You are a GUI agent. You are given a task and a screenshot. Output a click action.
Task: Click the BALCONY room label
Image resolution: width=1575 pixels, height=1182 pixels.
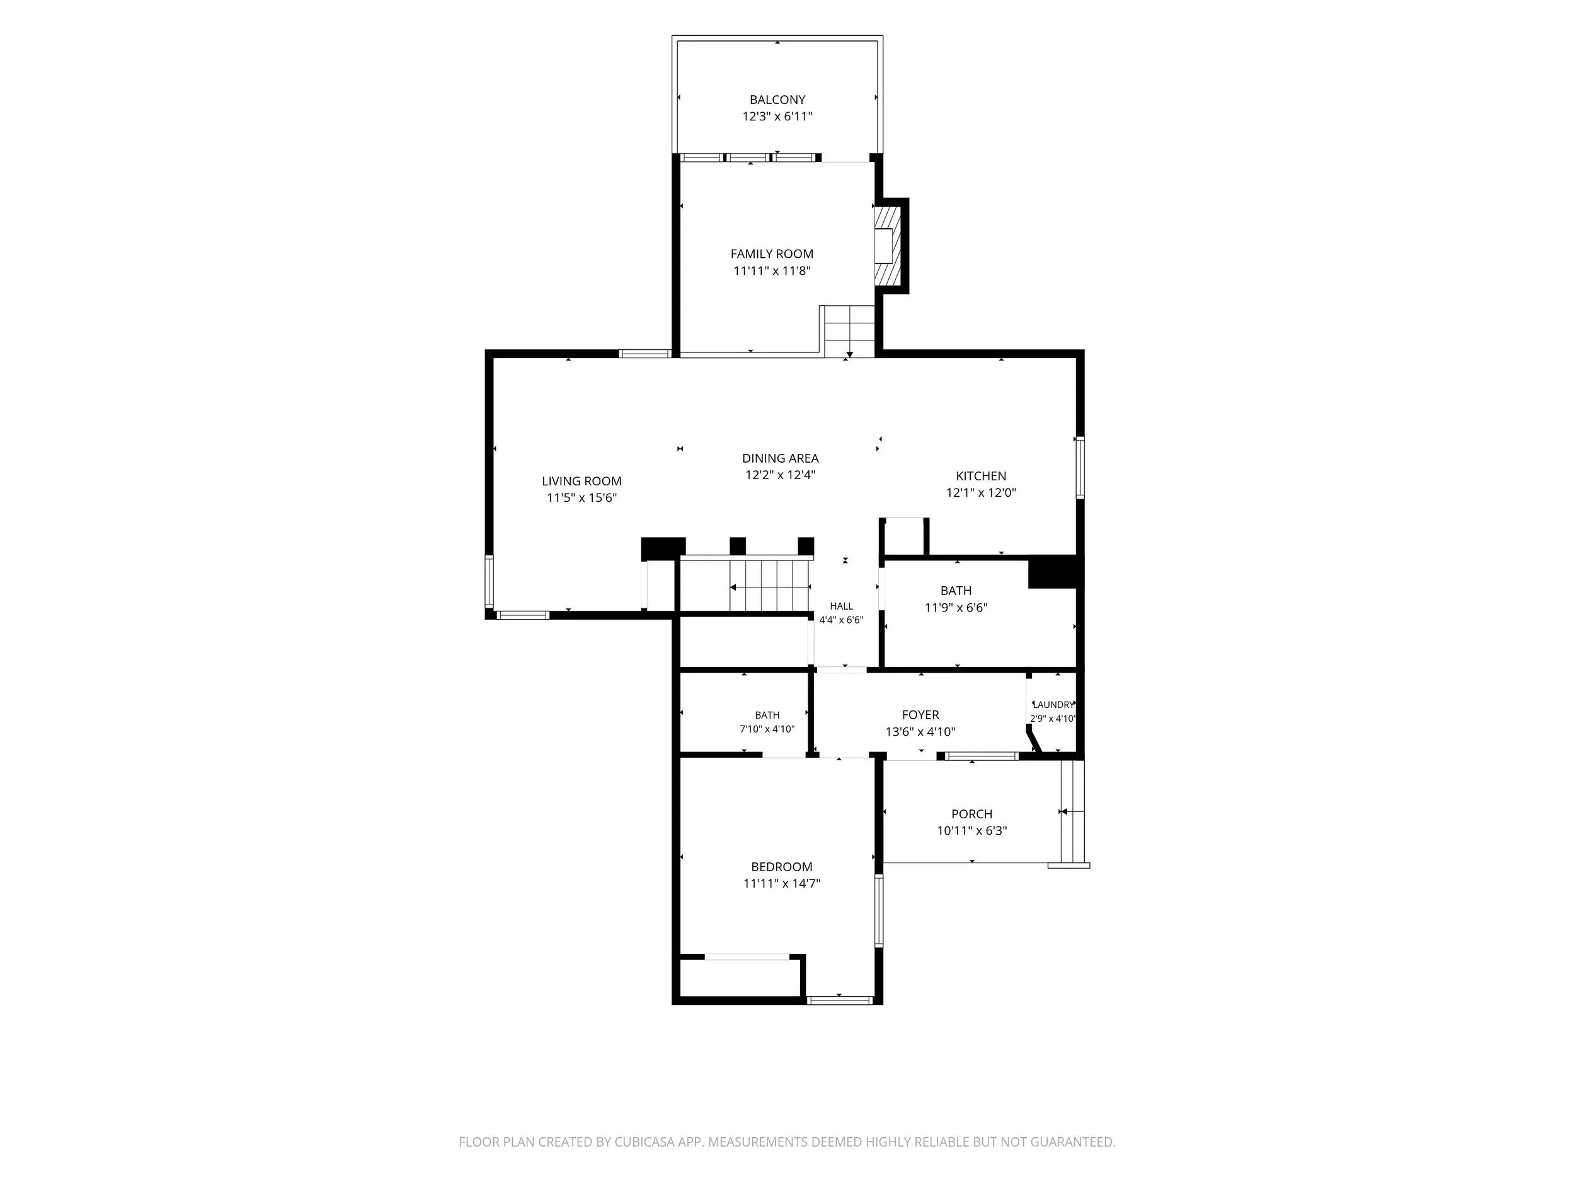777,100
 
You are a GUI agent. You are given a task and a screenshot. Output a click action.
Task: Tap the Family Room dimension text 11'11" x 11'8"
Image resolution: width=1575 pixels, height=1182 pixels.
772,270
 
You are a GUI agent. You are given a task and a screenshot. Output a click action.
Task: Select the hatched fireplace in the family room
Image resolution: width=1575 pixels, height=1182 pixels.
888,246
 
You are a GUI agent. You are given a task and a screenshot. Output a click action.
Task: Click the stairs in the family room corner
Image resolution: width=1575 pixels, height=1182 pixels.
849,332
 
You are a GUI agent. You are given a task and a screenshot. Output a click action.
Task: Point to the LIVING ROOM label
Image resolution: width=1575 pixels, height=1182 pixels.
581,481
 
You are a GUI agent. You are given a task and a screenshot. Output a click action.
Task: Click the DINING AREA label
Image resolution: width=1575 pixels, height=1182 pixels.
781,458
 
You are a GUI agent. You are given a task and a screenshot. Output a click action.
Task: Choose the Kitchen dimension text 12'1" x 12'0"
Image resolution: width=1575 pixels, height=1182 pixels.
981,492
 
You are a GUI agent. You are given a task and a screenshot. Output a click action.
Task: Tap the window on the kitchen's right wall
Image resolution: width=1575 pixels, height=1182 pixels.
1080,467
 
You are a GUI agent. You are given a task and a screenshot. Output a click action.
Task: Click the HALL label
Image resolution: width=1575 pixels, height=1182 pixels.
842,606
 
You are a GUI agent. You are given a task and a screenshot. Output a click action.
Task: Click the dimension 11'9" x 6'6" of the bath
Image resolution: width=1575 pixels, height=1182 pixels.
956,608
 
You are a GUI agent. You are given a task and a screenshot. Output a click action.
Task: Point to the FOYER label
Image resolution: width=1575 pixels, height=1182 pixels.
920,715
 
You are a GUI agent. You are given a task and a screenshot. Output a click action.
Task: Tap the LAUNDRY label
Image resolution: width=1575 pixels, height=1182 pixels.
1053,705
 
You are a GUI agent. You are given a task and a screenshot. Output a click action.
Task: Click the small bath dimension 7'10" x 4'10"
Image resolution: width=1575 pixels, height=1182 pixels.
767,729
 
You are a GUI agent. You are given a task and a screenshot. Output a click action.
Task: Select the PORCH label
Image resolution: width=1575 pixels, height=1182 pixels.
972,814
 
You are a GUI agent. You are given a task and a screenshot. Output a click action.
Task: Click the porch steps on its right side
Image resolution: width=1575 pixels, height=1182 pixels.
1072,811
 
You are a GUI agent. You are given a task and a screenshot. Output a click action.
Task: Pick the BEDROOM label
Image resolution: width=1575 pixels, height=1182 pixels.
782,866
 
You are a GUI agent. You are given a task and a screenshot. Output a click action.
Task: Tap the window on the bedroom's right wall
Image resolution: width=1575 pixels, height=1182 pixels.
879,910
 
